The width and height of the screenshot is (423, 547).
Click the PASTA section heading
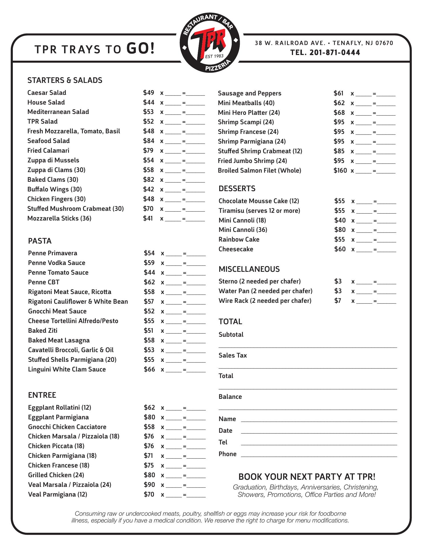(40, 241)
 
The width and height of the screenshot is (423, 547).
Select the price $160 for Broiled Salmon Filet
(340, 171)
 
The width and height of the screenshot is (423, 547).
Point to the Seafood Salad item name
(48, 141)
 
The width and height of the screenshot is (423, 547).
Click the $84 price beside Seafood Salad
(149, 141)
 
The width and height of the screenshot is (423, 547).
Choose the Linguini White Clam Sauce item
(67, 370)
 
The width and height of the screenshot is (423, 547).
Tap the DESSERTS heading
(237, 189)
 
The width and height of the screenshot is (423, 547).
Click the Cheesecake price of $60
(339, 249)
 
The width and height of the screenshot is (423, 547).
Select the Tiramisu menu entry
(259, 211)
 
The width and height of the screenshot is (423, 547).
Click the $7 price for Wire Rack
(338, 301)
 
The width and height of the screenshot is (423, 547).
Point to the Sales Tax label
(233, 356)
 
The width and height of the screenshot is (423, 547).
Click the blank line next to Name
(319, 420)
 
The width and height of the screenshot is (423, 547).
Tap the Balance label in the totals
(230, 397)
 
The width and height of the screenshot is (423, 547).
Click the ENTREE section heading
(42, 395)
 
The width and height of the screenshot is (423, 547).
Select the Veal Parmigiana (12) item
(57, 495)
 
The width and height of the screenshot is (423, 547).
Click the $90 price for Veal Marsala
(149, 485)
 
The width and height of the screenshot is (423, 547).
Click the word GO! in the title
(140, 48)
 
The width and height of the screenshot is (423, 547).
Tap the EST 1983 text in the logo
(214, 56)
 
